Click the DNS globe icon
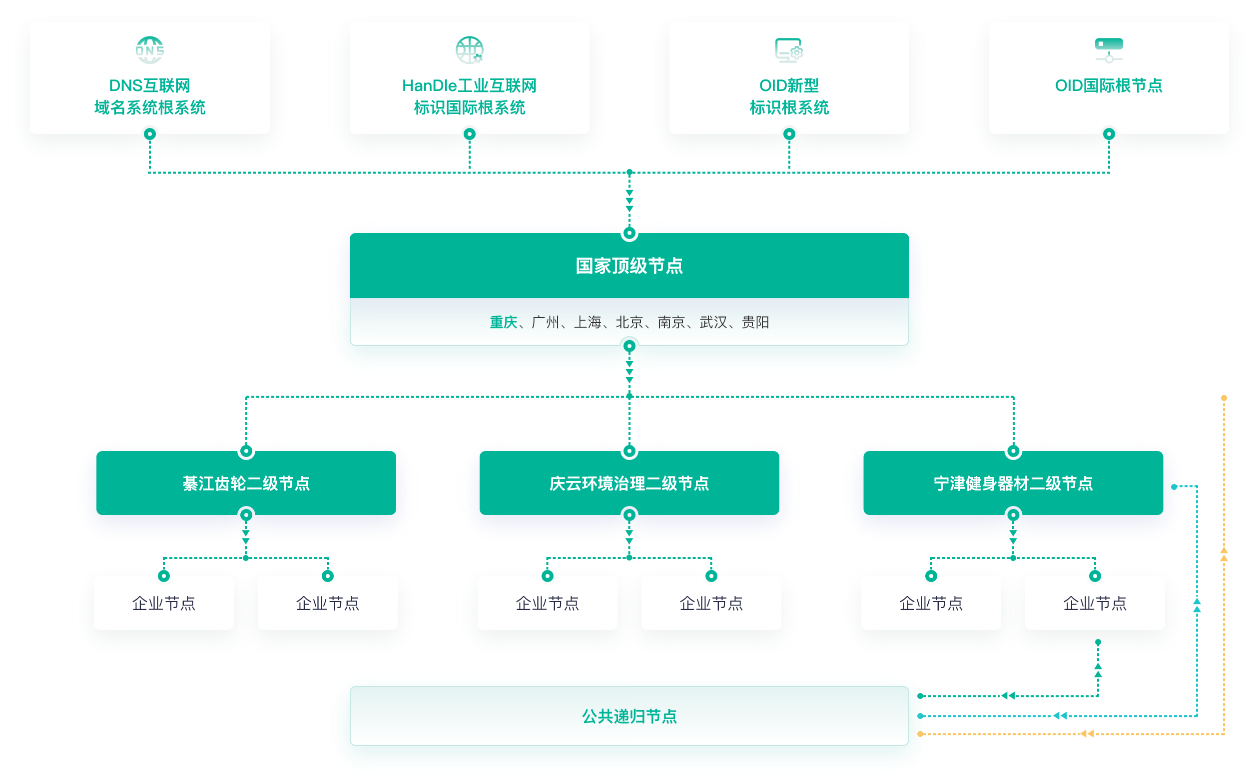(150, 50)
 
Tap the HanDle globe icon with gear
(470, 50)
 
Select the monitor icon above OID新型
(788, 50)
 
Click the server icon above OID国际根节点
(1109, 50)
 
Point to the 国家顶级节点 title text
(629, 265)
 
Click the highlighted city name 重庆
(503, 322)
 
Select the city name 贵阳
(755, 322)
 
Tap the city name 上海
(587, 322)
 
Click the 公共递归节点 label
(629, 716)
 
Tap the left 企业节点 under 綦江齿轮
(164, 603)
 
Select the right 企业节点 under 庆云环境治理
(711, 603)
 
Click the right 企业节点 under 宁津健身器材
(1095, 603)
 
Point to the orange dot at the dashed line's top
(1224, 398)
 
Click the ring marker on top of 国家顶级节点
(629, 233)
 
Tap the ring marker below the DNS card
(150, 134)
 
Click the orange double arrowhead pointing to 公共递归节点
(1087, 733)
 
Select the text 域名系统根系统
(150, 107)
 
